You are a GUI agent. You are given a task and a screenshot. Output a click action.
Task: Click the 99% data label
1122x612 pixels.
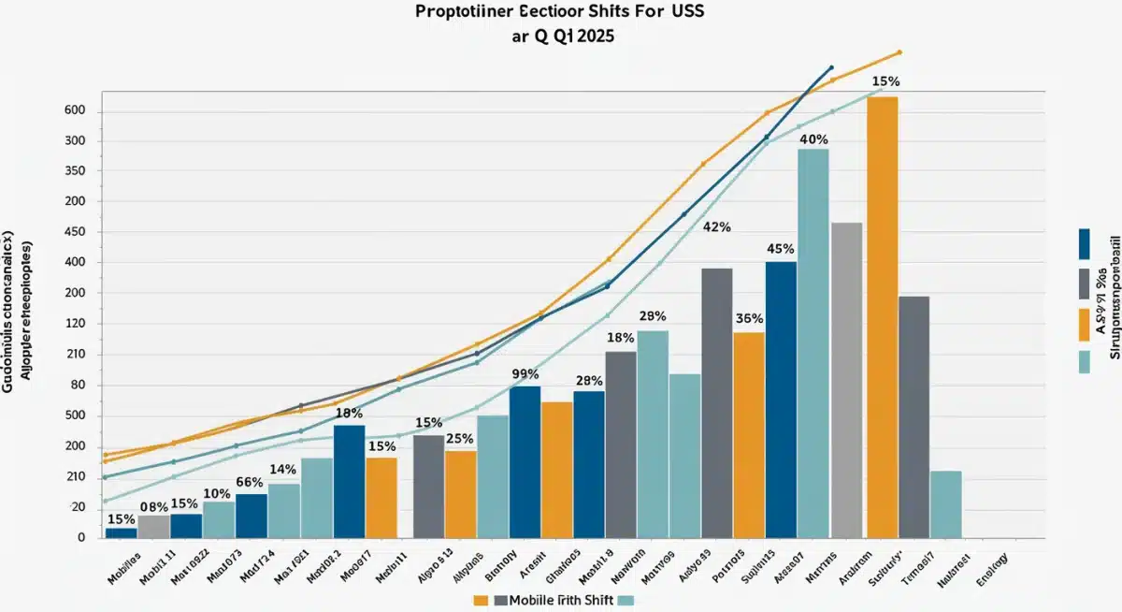pos(526,373)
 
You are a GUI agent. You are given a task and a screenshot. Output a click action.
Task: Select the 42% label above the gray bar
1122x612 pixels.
pos(716,227)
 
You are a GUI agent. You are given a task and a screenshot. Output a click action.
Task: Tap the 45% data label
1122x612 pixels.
pos(780,249)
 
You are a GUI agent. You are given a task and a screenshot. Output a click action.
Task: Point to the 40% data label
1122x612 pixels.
pos(813,139)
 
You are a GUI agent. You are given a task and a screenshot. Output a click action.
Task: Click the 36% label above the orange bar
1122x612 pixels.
pos(749,318)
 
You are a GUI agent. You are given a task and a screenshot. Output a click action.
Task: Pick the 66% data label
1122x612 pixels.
pos(251,482)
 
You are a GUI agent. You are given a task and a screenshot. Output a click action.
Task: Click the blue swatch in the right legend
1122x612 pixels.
pos(1084,243)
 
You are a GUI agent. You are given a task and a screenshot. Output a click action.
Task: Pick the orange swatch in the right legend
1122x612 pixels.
pos(1084,324)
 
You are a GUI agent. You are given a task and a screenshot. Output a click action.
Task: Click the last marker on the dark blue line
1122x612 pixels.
pos(831,67)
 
